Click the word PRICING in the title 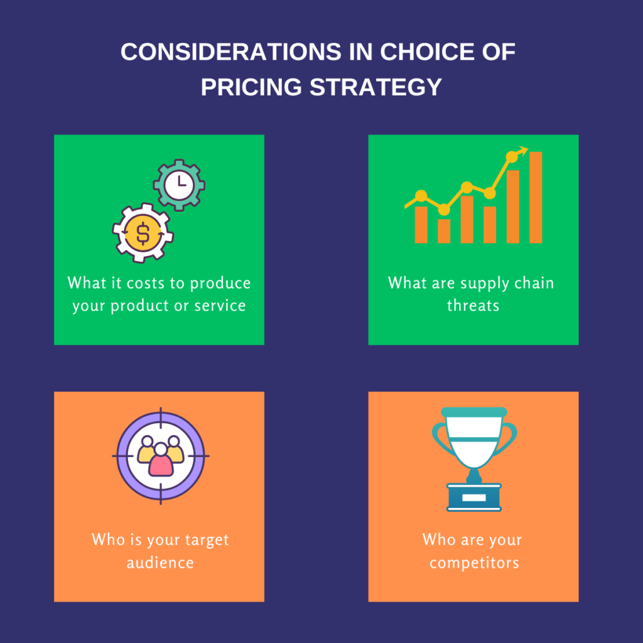[251, 87]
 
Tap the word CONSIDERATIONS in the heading [231, 52]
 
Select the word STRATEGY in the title [376, 87]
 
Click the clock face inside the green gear [179, 185]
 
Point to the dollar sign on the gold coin [143, 233]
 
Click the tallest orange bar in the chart [536, 197]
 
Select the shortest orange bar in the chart [444, 231]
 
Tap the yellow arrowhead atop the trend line [522, 151]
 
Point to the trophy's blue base [473, 497]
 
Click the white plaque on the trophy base [473, 497]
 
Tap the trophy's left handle [441, 438]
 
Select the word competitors [474, 563]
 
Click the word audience [160, 562]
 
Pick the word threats [473, 305]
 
